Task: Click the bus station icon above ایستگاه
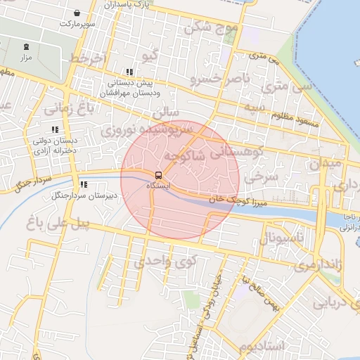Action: point(158,175)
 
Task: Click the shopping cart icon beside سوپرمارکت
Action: point(77,13)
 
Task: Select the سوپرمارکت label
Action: point(75,23)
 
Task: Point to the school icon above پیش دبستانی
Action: point(129,72)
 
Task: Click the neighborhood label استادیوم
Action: point(261,347)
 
